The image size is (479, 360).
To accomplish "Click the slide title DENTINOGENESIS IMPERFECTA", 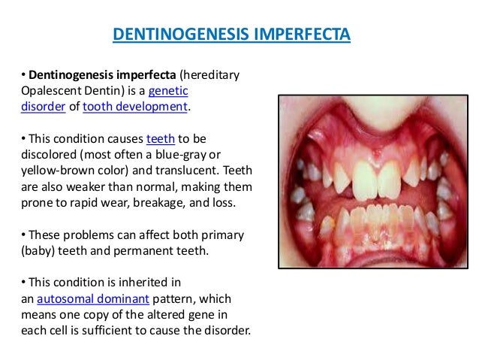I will pyautogui.click(x=231, y=35).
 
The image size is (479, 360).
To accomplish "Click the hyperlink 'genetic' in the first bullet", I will pyautogui.click(x=168, y=91).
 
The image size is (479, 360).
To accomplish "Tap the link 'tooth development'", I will pyautogui.click(x=136, y=107).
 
